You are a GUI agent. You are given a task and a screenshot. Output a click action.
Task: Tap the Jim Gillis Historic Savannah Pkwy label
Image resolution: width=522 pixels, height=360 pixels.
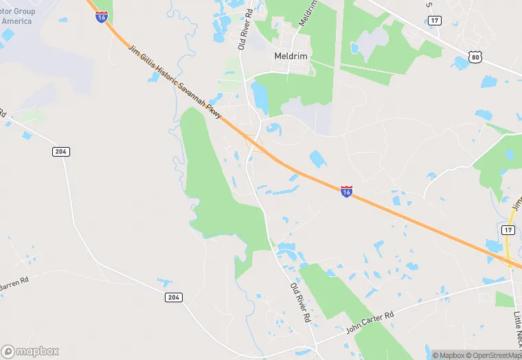(175, 82)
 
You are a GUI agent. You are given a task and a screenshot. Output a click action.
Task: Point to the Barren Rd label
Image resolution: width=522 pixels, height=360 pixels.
(14, 282)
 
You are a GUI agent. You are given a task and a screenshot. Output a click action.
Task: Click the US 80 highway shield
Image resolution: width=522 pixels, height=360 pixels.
(475, 58)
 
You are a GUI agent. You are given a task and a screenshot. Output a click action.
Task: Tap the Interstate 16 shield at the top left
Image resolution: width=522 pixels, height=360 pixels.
(102, 16)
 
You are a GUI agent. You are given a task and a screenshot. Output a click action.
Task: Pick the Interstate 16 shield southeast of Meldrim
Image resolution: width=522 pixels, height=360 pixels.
(346, 192)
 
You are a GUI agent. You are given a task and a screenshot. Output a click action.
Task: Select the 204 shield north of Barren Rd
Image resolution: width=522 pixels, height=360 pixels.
(61, 151)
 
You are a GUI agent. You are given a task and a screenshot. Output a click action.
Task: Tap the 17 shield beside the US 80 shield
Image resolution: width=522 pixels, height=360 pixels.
(435, 21)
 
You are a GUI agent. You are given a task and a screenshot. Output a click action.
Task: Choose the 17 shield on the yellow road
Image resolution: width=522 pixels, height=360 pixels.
(508, 230)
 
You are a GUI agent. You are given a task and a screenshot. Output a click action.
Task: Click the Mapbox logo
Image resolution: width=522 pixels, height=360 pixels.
(30, 351)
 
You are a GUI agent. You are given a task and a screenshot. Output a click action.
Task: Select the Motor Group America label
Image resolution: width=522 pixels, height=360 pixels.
(16, 16)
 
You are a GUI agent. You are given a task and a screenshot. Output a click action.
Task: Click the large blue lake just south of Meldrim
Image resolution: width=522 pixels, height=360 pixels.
(260, 98)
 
